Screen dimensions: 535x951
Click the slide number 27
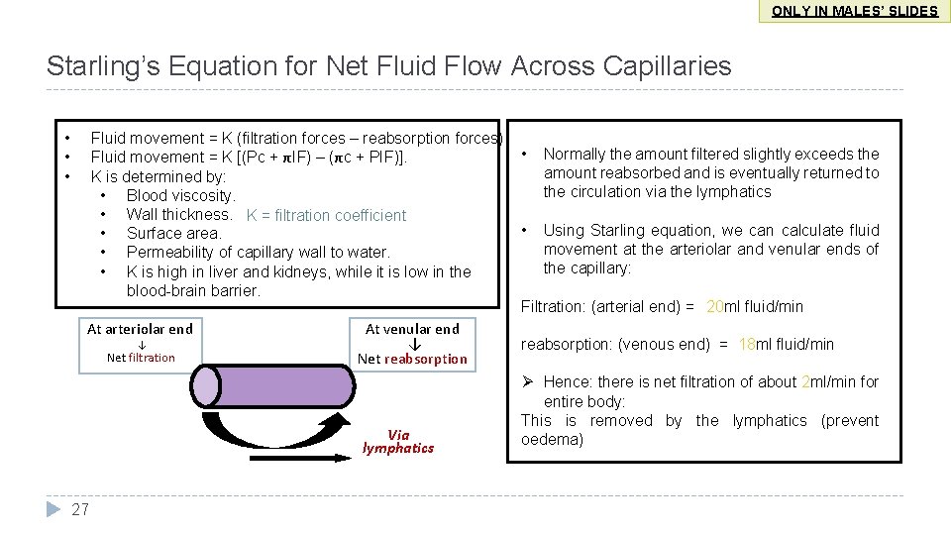81,509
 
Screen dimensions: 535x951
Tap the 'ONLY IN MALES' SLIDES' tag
855,11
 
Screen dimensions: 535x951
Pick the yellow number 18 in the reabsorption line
747,344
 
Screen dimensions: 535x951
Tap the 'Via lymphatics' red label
398,441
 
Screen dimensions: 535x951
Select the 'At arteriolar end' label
140,329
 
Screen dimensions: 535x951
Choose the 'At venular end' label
412,329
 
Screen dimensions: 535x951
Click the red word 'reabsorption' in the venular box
426,359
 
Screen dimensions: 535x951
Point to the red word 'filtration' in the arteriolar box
152,358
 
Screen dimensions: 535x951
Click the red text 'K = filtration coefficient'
326,215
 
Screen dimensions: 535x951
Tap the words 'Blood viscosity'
180,195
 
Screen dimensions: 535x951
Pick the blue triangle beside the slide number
53,509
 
